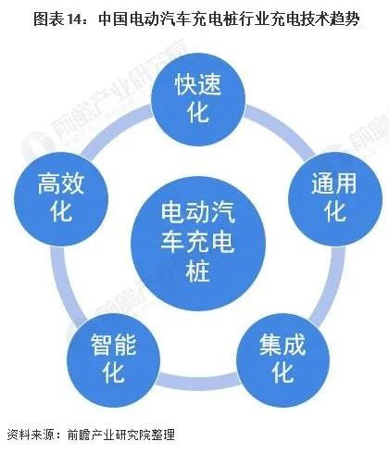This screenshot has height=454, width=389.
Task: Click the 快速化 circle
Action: (198, 99)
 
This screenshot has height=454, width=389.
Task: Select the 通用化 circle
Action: (335, 199)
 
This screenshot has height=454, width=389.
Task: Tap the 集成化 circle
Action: (282, 360)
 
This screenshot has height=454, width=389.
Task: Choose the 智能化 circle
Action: (114, 360)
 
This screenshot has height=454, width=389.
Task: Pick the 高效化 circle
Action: (61, 199)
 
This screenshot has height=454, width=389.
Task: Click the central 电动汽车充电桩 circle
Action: (198, 244)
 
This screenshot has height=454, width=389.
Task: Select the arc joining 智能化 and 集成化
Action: (198, 384)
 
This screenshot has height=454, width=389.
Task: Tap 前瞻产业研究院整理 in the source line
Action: (121, 435)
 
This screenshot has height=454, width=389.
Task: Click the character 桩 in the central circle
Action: (198, 271)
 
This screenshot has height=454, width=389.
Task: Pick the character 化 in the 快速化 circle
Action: (198, 113)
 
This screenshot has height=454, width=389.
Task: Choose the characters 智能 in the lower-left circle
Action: (114, 345)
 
